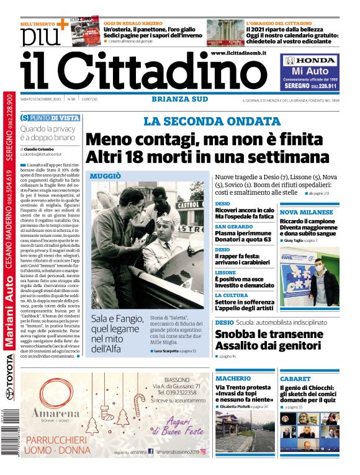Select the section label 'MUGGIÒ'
[106, 176]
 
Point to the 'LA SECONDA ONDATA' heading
[204, 122]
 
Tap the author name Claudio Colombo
[38, 149]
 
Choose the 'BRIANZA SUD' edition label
[179, 99]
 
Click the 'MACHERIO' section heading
[233, 378]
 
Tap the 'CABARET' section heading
[295, 378]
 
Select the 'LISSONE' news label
[225, 272]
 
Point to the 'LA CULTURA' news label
[232, 295]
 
